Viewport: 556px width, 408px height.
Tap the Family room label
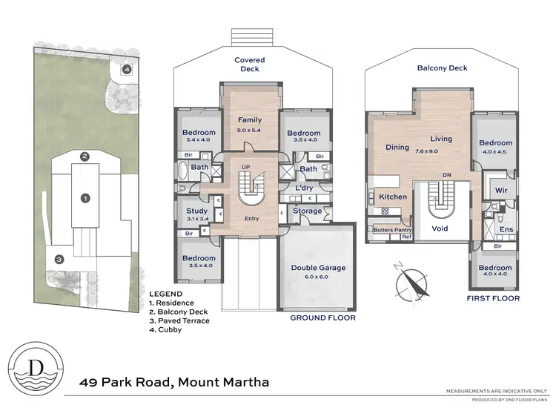click(249, 119)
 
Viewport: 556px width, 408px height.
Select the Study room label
click(196, 211)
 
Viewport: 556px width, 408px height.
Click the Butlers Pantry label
click(392, 231)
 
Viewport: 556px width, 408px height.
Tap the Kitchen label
click(394, 197)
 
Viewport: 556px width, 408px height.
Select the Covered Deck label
click(249, 65)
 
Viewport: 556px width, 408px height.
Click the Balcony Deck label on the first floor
click(443, 68)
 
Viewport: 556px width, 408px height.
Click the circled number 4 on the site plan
click(127, 70)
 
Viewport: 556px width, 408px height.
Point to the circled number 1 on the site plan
click(85, 198)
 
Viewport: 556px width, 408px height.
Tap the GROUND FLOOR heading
click(323, 317)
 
